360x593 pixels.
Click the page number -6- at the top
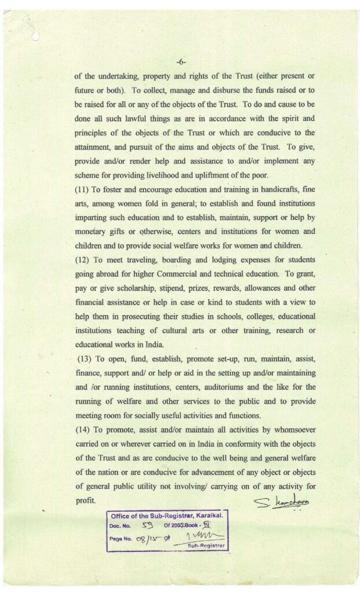[x=181, y=60]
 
